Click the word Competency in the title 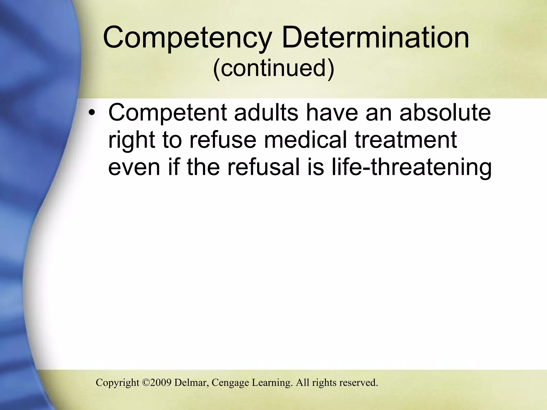187,38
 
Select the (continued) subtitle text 273,68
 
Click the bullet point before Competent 92,113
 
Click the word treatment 406,140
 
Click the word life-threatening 412,167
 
